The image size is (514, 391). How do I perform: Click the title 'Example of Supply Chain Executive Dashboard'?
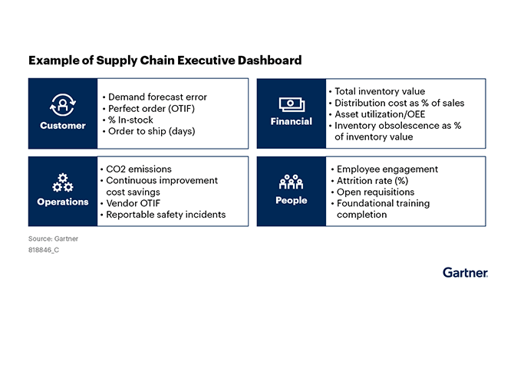tap(165, 60)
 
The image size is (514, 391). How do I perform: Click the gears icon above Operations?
tap(63, 182)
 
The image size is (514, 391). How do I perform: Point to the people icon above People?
tap(291, 182)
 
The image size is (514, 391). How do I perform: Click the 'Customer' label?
tap(63, 125)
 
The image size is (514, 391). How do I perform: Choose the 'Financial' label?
tap(291, 121)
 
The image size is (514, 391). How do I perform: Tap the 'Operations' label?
tap(63, 202)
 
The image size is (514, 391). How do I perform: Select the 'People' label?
tap(291, 200)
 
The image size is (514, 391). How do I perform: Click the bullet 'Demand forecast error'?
tap(157, 97)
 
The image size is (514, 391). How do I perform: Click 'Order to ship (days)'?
tap(151, 131)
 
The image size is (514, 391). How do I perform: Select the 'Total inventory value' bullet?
tap(379, 91)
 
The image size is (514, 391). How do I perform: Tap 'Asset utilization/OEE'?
tap(380, 114)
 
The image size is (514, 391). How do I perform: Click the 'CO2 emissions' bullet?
tap(138, 169)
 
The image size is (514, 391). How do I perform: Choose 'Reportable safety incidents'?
tap(166, 215)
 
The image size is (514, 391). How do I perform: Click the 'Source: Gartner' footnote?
tap(53, 238)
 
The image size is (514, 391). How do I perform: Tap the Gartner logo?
tap(465, 272)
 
